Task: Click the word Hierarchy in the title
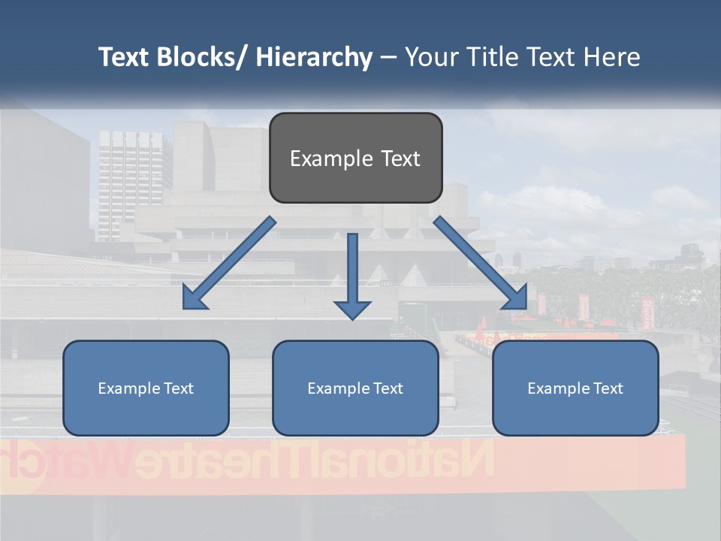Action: [x=314, y=58]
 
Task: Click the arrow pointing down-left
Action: [x=230, y=263]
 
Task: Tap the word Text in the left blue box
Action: [x=179, y=388]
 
